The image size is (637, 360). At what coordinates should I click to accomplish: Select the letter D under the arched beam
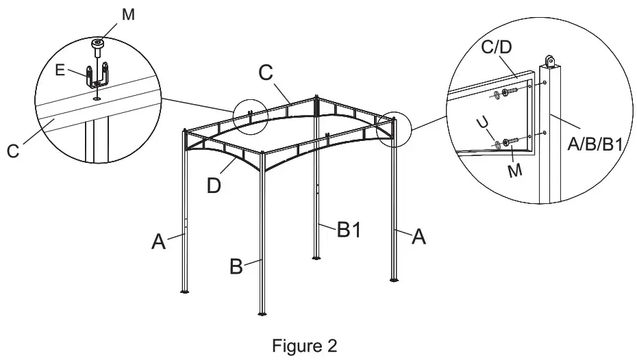point(214,185)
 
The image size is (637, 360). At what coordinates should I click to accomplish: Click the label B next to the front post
point(236,267)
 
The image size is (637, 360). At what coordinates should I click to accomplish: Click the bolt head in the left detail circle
point(98,45)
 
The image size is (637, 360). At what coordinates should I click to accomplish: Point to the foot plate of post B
point(262,315)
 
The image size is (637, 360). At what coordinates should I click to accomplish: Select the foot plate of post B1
point(316,258)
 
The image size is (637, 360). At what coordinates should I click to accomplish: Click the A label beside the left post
point(159,241)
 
